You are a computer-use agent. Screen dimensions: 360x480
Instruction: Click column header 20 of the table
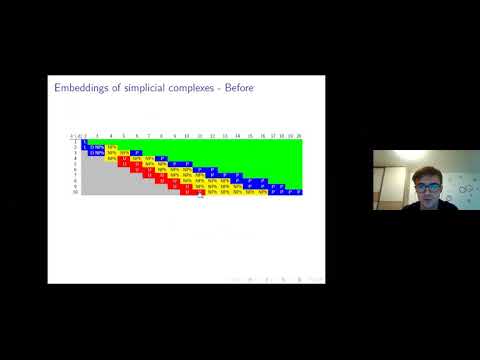click(298, 135)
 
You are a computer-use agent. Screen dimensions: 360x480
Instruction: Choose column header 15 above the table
click(249, 135)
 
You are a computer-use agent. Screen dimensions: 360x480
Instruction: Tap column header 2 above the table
click(86, 135)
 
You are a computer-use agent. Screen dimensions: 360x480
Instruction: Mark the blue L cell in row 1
click(85, 147)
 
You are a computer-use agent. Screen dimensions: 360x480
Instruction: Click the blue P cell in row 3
click(136, 153)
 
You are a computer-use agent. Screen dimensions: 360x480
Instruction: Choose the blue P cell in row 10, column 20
click(298, 191)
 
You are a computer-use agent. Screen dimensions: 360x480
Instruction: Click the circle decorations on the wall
click(464, 186)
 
